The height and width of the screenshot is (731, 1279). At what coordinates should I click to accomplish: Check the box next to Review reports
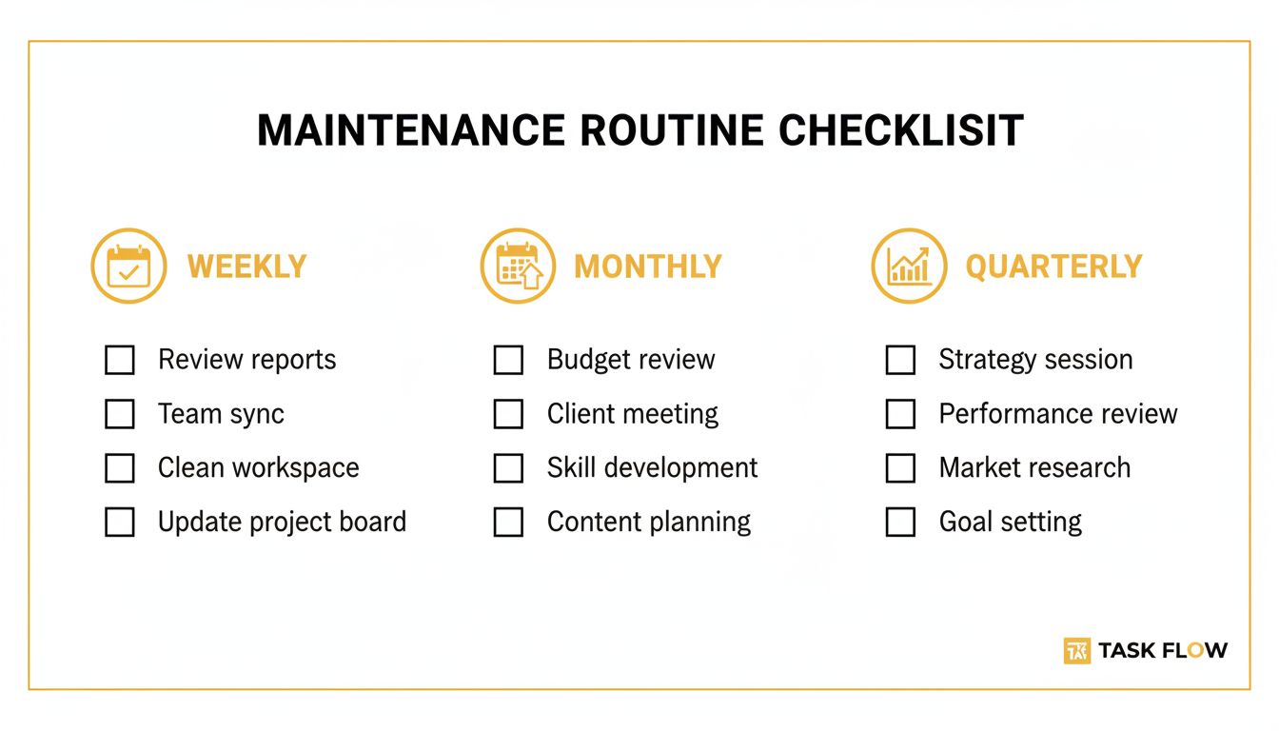pos(119,360)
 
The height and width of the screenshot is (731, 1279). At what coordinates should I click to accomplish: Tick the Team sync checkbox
pos(119,414)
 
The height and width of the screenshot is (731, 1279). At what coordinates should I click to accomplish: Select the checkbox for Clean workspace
pos(119,468)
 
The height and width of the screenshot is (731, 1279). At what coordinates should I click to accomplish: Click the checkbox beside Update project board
pos(119,523)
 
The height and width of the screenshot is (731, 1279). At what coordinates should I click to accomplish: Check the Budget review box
pos(508,360)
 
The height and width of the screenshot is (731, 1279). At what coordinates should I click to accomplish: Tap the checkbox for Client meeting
pos(508,414)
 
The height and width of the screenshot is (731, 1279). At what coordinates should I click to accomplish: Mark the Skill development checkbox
pos(508,468)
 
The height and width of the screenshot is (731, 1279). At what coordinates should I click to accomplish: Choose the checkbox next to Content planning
pos(508,523)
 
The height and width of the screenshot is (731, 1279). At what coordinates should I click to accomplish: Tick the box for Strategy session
pos(900,360)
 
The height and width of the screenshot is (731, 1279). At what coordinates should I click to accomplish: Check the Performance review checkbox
pos(900,414)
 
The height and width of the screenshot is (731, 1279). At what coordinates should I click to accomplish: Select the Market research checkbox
pos(900,468)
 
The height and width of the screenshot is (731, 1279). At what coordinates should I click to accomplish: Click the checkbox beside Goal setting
pos(900,523)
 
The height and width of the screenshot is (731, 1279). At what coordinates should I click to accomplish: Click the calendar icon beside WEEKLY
pos(128,266)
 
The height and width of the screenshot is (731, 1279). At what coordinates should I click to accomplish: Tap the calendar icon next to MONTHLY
pos(519,266)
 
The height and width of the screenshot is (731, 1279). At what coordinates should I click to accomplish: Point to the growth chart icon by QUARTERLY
pos(909,266)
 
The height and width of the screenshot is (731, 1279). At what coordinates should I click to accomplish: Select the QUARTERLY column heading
pos(1053,267)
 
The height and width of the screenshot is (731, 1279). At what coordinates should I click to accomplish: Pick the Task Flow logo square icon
pos(1076,650)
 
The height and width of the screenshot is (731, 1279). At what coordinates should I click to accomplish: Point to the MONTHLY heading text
pos(648,267)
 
